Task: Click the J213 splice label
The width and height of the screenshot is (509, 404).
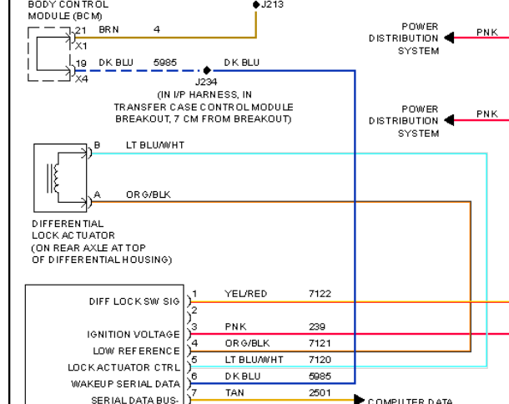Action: click(272, 4)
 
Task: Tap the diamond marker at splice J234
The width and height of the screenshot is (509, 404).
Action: click(207, 70)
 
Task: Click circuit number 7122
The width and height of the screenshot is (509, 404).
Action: click(320, 294)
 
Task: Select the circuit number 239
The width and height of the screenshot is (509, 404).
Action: click(317, 326)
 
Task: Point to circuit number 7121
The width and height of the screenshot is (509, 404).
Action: click(320, 343)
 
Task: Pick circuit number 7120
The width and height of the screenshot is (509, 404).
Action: click(320, 360)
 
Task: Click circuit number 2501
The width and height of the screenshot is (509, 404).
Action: click(320, 393)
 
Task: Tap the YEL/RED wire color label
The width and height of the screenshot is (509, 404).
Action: click(245, 294)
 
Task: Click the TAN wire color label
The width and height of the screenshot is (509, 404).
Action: click(234, 393)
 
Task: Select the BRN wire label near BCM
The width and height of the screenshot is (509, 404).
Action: click(108, 29)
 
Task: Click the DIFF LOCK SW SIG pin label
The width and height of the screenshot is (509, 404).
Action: click(134, 301)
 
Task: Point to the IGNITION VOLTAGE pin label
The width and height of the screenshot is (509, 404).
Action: click(134, 335)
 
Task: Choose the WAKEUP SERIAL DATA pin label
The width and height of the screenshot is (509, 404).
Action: click(126, 384)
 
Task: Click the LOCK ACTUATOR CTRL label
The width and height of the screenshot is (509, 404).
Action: click(124, 367)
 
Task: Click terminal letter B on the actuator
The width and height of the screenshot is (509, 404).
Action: click(97, 145)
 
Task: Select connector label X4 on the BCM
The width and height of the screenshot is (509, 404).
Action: click(82, 79)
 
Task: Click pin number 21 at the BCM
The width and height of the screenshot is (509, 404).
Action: click(80, 31)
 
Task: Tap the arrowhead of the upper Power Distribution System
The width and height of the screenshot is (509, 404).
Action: click(449, 38)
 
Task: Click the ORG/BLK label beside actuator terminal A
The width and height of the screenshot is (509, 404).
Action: click(149, 194)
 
